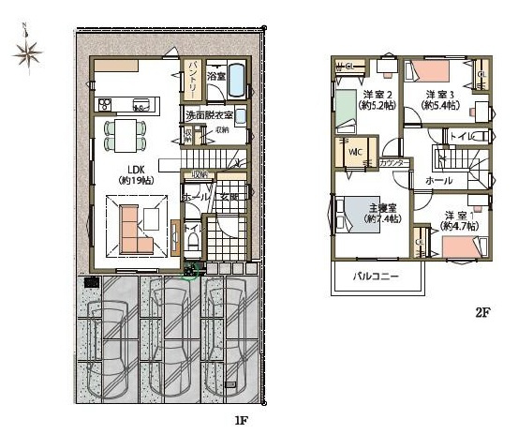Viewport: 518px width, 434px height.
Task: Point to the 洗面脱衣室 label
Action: pyautogui.click(x=215, y=115)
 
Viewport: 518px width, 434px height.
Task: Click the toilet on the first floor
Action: pyautogui.click(x=193, y=240)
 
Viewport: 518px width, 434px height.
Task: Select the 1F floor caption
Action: pyautogui.click(x=240, y=421)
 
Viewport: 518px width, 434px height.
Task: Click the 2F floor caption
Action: pyautogui.click(x=481, y=313)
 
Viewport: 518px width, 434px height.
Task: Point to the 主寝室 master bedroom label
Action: pyautogui.click(x=381, y=212)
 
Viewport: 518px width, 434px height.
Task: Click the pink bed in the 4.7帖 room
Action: pyautogui.click(x=460, y=247)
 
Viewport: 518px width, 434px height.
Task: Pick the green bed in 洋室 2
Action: pyautogui.click(x=341, y=111)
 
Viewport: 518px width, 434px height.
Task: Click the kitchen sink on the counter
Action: pyautogui.click(x=141, y=104)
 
